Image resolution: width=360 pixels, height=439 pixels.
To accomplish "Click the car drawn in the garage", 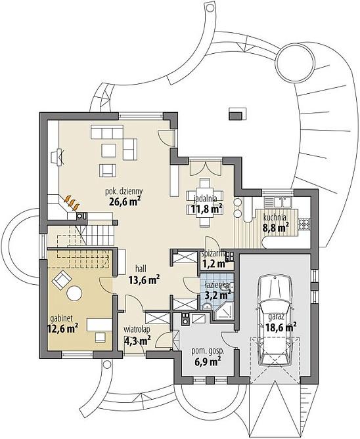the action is [x=275, y=320].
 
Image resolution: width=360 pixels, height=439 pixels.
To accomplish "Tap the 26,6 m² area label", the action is [x=124, y=201].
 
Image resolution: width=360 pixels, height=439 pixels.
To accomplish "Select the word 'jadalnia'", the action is [x=206, y=199].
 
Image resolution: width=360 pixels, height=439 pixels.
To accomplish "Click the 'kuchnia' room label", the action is [x=275, y=217].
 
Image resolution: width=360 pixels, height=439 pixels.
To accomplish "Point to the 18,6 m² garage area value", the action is [x=281, y=326].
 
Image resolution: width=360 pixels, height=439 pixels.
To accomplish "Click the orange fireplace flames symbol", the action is [x=72, y=203].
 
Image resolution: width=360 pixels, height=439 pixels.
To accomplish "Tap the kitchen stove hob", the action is [x=304, y=223].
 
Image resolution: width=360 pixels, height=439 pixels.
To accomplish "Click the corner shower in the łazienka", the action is [x=223, y=311].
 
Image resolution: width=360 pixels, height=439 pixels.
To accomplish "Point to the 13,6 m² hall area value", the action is [x=144, y=279].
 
